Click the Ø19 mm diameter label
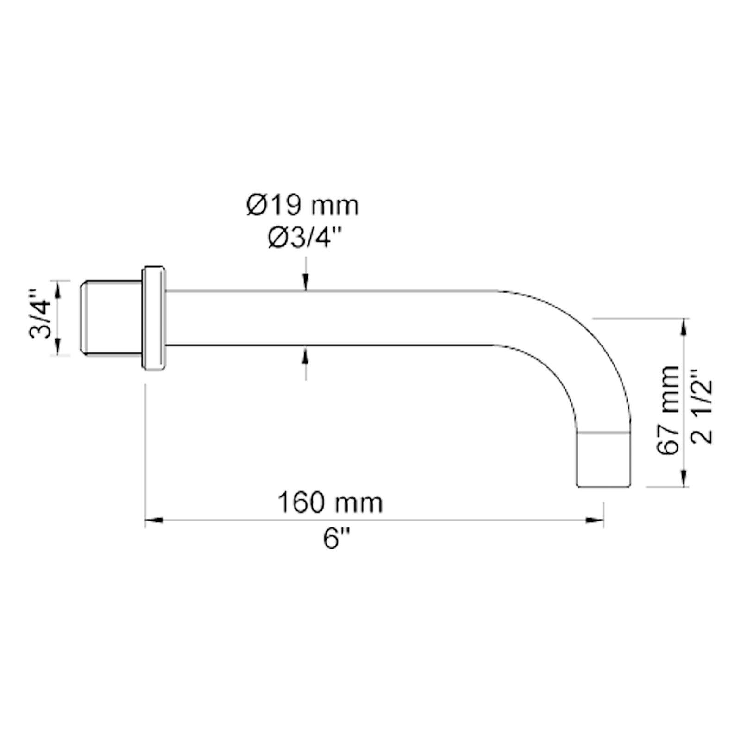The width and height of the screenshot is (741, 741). tap(302, 205)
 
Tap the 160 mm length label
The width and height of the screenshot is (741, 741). tap(330, 502)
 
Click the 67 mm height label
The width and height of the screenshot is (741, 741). tap(668, 410)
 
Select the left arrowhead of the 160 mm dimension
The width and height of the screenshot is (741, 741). tap(154, 521)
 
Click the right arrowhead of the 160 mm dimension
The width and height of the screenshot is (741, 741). tap(595, 521)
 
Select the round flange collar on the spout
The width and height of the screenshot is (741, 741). tap(154, 318)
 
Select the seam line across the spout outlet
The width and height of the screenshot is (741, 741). tap(604, 433)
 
